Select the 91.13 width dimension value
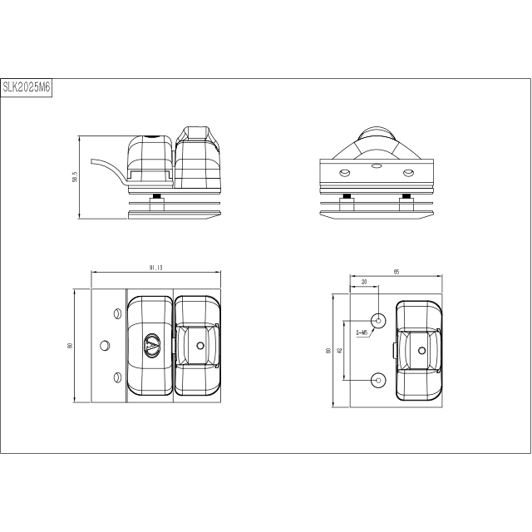click(x=155, y=268)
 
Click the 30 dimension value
click(x=364, y=283)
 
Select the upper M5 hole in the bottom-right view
click(x=378, y=319)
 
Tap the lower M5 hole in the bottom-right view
click(x=378, y=379)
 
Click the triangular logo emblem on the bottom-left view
click(x=152, y=344)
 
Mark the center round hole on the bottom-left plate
click(x=105, y=344)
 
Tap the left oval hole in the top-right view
click(x=344, y=172)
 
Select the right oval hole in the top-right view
click(x=407, y=172)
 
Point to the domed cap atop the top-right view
click(x=375, y=136)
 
